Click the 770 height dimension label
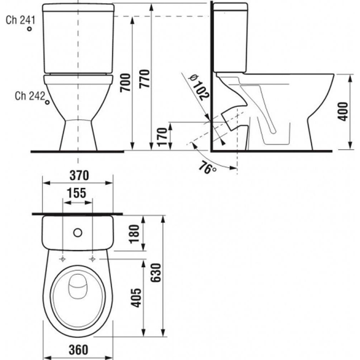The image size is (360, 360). [145, 78]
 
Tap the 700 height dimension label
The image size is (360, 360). [126, 83]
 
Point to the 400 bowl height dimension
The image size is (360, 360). [343, 112]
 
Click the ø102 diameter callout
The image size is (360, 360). [199, 87]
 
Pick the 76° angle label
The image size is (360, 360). [207, 168]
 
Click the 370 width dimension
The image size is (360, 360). [79, 176]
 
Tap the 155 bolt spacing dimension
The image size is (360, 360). [76, 193]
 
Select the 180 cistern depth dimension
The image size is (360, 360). [134, 234]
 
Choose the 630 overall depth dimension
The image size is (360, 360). [156, 273]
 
